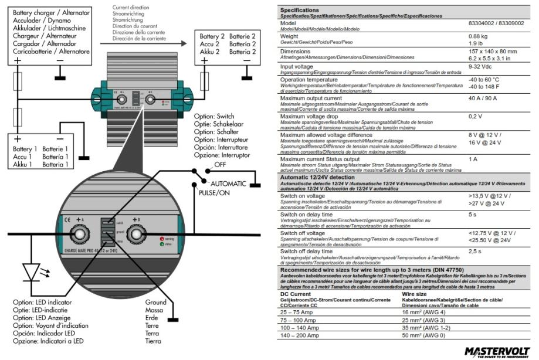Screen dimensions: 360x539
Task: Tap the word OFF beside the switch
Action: [221, 165]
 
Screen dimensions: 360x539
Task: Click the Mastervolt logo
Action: [497, 352]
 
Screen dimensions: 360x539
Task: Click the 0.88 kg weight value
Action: [477, 36]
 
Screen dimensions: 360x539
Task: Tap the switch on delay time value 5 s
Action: [473, 214]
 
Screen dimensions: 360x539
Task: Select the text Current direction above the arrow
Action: [132, 6]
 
